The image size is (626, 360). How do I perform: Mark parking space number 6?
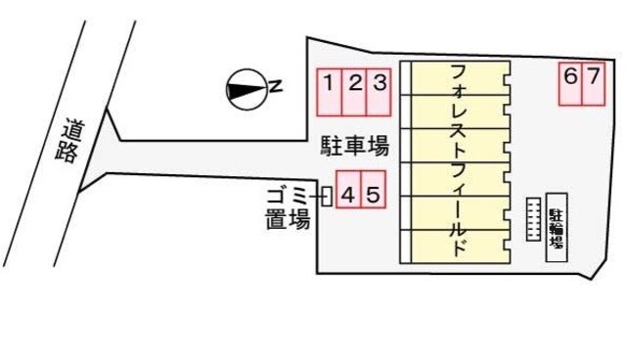click(570, 83)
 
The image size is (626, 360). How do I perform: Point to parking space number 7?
click(594, 83)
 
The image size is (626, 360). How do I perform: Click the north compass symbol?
click(245, 90)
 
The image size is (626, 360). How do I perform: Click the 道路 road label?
click(70, 141)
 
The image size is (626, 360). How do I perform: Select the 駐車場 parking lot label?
click(355, 148)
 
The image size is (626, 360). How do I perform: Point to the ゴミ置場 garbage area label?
click(288, 207)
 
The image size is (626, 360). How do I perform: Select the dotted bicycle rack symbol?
click(533, 217)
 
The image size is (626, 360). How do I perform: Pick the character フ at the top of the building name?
click(456, 72)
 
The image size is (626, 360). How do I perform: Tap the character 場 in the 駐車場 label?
click(380, 148)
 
